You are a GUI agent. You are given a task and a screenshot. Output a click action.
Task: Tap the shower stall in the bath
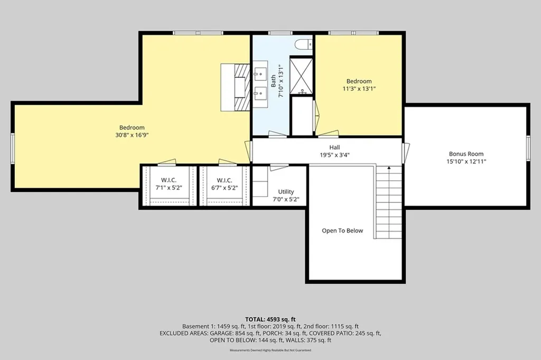point(301,76)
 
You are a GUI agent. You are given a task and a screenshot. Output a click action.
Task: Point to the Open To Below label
point(342,230)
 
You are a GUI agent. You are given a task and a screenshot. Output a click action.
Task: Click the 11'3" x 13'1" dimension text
point(359,89)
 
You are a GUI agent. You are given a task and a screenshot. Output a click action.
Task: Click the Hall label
point(334,147)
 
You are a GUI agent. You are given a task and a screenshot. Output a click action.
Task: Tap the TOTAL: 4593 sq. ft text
point(270,319)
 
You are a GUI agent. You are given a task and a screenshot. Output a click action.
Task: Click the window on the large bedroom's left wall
point(13,146)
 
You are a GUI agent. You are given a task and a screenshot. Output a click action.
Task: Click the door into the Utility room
point(279,168)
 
